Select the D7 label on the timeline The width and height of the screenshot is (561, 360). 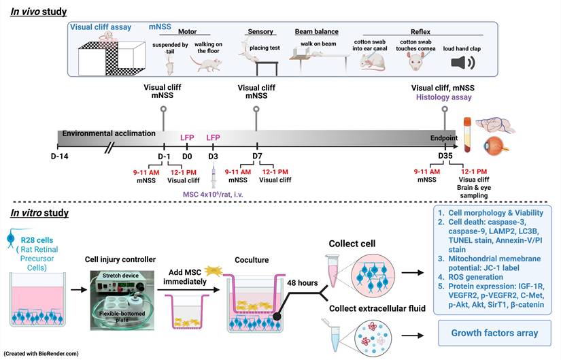click(x=256, y=157)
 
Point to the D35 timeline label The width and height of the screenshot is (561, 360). click(x=445, y=157)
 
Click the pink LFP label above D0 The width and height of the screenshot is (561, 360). click(x=187, y=137)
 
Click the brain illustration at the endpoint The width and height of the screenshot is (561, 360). click(x=500, y=124)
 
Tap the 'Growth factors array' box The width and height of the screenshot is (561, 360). click(x=495, y=333)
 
